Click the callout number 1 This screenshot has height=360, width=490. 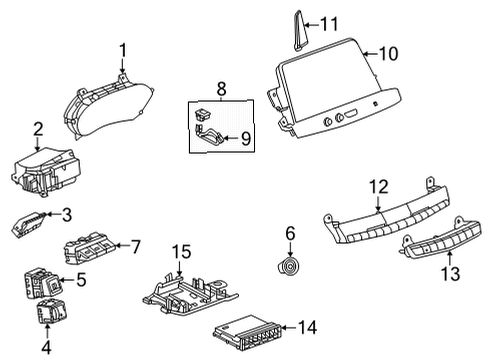click(123, 49)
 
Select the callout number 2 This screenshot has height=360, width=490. click(38, 128)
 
